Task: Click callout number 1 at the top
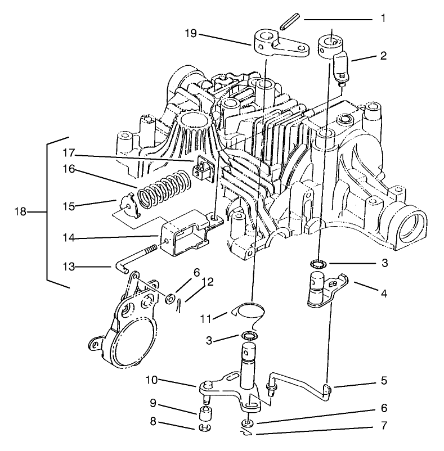pyautogui.click(x=383, y=19)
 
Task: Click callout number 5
pyautogui.click(x=383, y=381)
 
